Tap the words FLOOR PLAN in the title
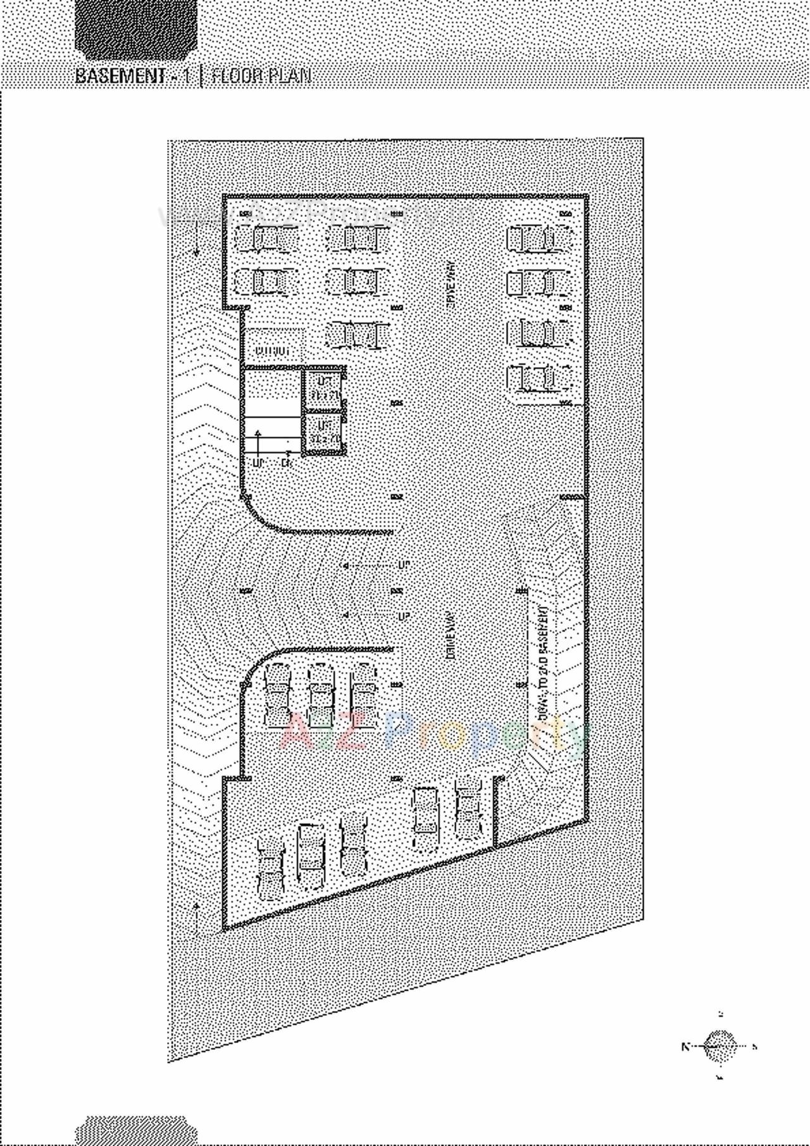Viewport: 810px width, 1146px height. coord(261,77)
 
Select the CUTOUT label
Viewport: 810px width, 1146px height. coord(271,350)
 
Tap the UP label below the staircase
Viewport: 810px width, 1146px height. coord(258,463)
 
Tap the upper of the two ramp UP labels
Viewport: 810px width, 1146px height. coord(403,564)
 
